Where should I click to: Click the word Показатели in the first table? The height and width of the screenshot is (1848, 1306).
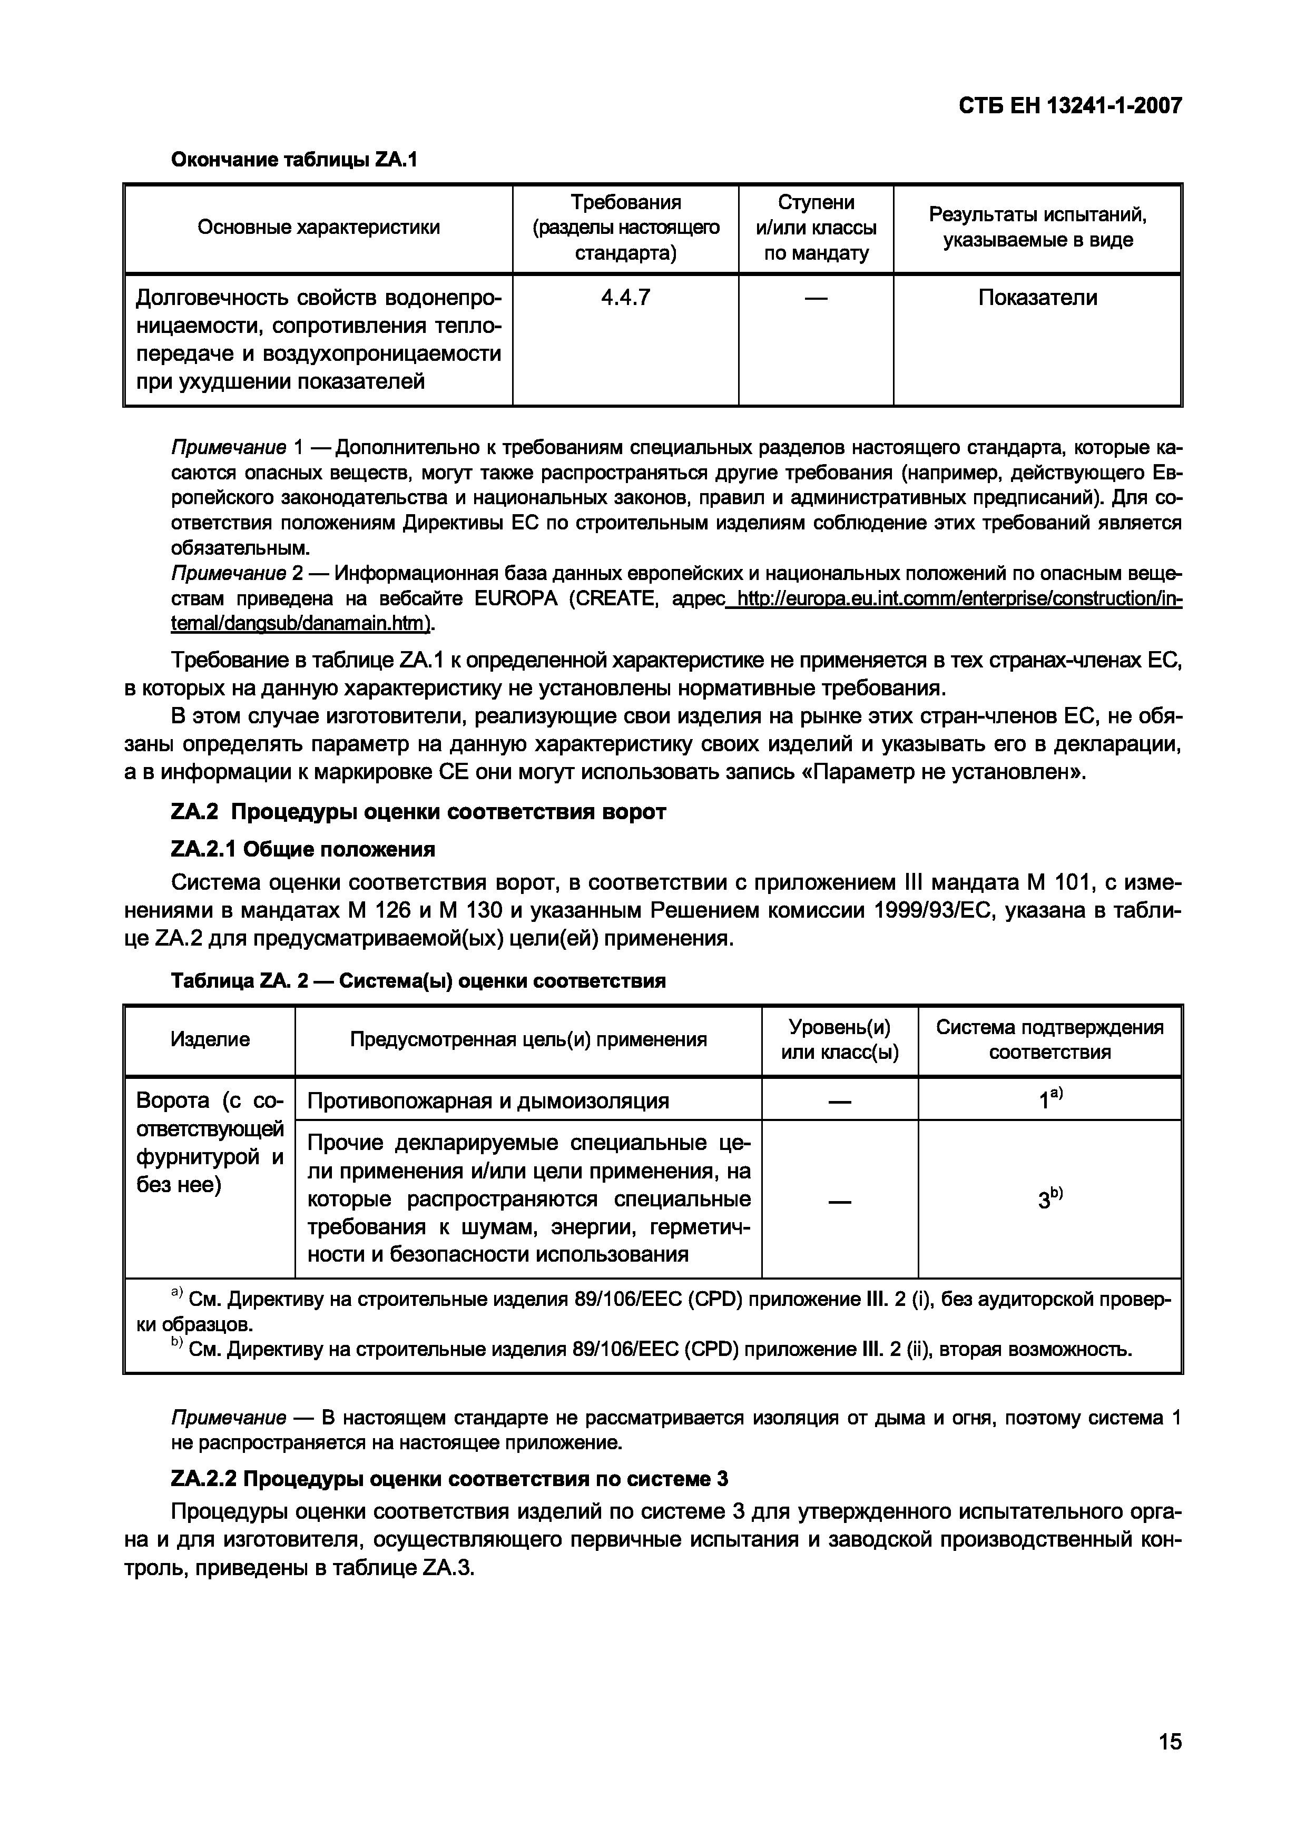click(1037, 298)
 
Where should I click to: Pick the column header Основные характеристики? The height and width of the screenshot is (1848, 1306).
click(319, 228)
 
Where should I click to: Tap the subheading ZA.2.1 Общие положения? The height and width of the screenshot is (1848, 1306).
click(303, 849)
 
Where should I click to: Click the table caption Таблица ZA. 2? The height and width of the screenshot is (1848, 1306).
click(418, 981)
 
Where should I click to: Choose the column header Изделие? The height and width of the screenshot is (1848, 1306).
click(210, 1040)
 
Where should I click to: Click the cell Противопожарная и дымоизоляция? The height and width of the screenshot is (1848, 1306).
click(488, 1100)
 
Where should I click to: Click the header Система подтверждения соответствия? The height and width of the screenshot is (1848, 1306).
click(1049, 1040)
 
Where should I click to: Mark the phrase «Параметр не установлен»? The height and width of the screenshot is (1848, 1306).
click(945, 773)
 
